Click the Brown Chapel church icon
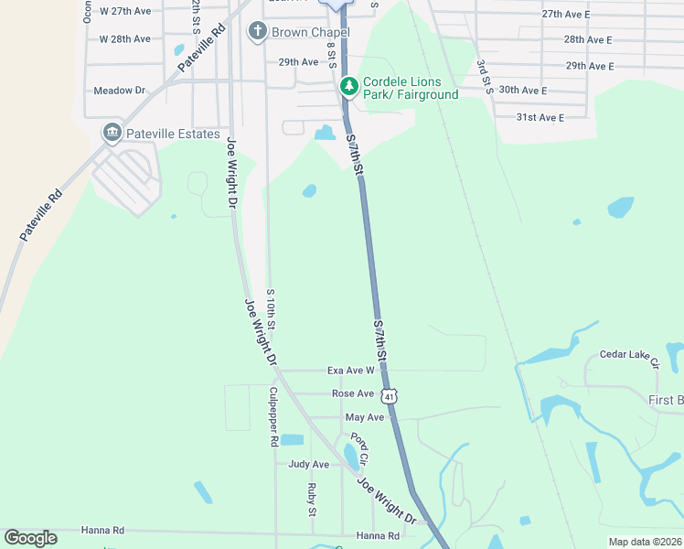click(x=258, y=32)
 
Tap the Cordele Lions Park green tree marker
click(x=348, y=87)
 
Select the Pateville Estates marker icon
click(x=112, y=134)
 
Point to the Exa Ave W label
click(x=351, y=371)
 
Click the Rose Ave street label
click(x=353, y=393)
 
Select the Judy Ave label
click(x=308, y=464)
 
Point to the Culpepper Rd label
click(x=273, y=416)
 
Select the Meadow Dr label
click(x=120, y=91)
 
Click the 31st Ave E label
click(x=540, y=117)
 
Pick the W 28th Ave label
click(x=124, y=38)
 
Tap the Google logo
click(x=30, y=538)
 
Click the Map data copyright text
click(x=645, y=542)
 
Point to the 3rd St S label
click(x=484, y=78)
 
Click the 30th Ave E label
click(x=523, y=91)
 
